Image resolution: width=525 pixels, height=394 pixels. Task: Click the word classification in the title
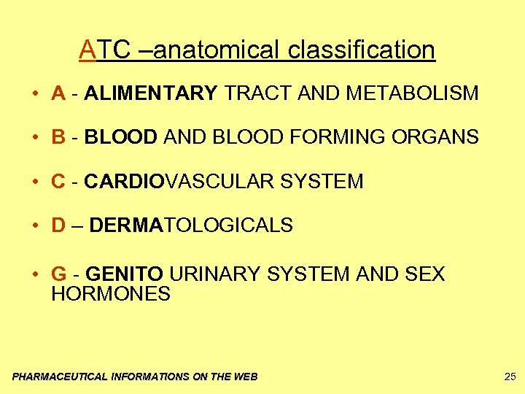pos(362,50)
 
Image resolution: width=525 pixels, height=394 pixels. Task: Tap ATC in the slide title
pos(101,50)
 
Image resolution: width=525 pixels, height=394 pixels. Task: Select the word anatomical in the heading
pos(217,50)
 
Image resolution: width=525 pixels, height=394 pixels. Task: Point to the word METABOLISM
pos(412,93)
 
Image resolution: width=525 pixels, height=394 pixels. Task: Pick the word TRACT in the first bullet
pos(252,93)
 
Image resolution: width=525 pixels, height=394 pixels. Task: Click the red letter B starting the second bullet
pos(59,137)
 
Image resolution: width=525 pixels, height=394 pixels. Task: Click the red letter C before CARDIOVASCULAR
pos(59,182)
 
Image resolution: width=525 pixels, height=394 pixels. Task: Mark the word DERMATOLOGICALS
pos(191,225)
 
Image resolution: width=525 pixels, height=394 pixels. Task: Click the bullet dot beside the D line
pos(35,225)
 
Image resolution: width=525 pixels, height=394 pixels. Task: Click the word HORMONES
pos(111,294)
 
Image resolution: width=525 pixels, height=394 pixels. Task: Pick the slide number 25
pos(510,376)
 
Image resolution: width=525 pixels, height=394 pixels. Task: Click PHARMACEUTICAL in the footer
pos(60,376)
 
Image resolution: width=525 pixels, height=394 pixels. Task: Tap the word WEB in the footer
pos(245,376)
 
